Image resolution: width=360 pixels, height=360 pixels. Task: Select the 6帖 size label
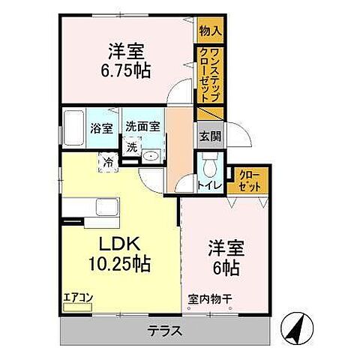(x=225, y=265)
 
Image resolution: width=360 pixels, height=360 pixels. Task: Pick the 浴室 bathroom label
(x=102, y=127)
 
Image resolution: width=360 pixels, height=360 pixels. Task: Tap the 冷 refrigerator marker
(x=109, y=160)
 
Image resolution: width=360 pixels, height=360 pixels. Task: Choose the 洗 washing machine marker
(x=131, y=148)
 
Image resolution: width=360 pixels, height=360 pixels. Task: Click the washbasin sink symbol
(x=150, y=156)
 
